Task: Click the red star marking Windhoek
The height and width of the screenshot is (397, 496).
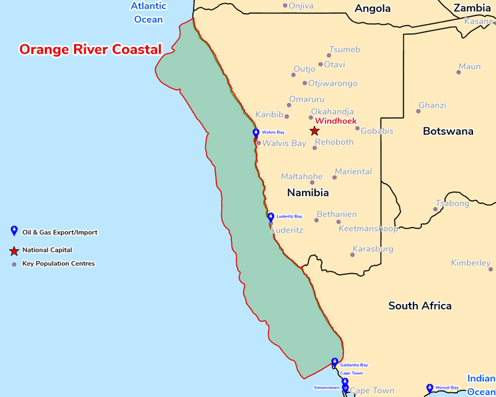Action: pos(314,131)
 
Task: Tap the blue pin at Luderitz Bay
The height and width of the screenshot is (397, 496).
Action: pos(270,217)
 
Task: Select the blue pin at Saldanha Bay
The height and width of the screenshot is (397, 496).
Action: pos(335,362)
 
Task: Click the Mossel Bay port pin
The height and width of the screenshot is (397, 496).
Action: pos(429,389)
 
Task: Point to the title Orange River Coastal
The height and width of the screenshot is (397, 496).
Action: pos(91,49)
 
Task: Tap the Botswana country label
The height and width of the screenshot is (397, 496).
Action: pos(448,131)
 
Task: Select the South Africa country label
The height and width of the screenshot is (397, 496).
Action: pos(420,305)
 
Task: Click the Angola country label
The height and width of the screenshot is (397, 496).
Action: pos(372,9)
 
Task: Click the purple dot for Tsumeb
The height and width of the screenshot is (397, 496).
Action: pos(329,55)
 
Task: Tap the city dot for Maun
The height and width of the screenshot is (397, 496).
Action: pos(459,73)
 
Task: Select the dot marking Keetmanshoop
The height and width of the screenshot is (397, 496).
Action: pos(339,221)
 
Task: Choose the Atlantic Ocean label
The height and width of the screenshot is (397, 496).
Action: pos(149,12)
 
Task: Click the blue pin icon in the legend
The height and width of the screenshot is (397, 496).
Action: pos(14,231)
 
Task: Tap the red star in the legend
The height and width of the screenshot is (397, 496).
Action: pos(14,251)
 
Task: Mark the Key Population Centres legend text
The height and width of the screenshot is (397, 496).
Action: pos(58,264)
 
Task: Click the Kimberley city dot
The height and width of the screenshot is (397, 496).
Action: pos(490,269)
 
